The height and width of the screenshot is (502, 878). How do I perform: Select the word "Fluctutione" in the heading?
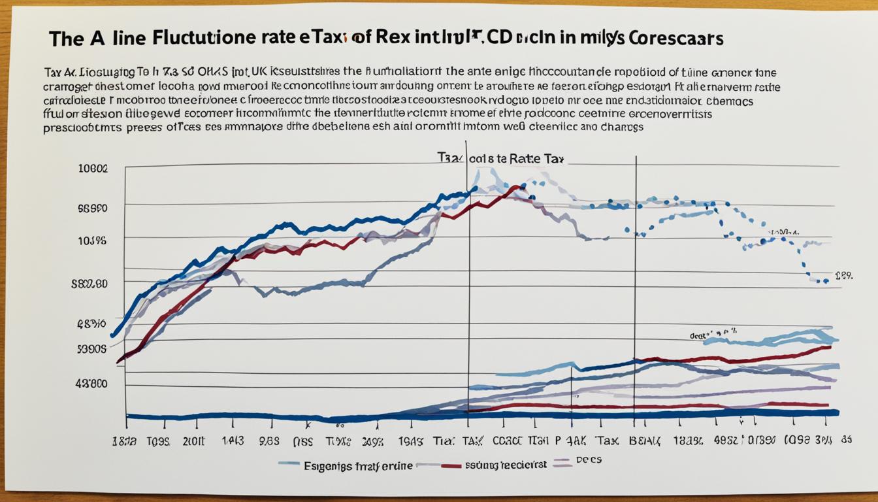click(x=203, y=38)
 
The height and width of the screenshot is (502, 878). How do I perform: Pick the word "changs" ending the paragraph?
click(x=621, y=127)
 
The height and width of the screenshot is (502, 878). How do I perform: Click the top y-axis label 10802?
click(x=93, y=168)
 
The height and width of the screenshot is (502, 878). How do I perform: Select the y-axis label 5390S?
click(x=92, y=348)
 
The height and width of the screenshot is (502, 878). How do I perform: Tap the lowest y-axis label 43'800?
click(x=91, y=384)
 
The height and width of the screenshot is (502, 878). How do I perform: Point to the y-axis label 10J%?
click(x=93, y=240)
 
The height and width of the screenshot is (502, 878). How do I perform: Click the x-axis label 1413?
click(x=233, y=441)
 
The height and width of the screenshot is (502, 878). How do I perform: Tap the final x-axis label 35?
click(x=845, y=441)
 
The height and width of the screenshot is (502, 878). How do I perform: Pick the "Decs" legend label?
click(x=588, y=460)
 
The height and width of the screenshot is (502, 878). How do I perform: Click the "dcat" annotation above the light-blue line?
click(x=700, y=335)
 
